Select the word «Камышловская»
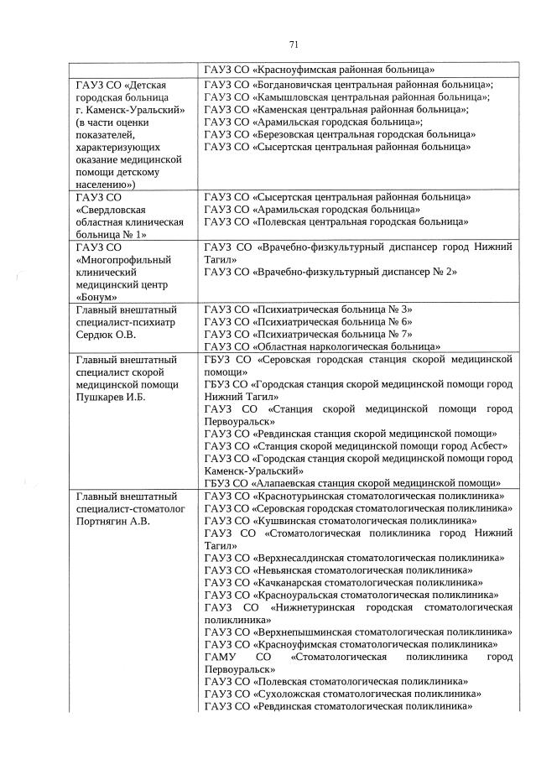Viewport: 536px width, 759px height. [292, 97]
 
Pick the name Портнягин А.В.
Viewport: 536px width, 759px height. [114, 520]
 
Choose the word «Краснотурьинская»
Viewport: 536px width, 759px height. [299, 496]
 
